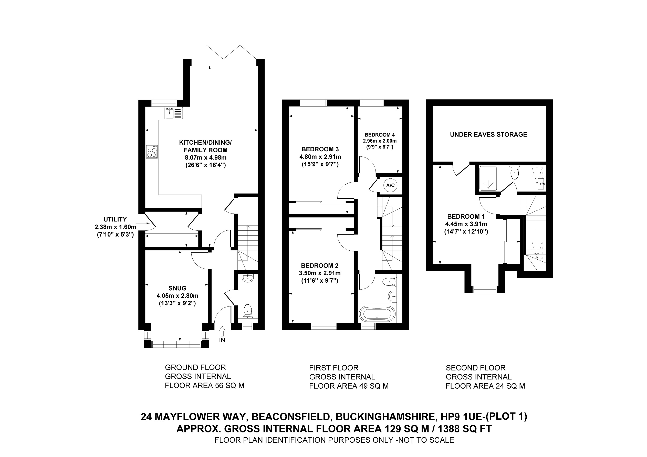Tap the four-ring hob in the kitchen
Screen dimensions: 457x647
pos(152,152)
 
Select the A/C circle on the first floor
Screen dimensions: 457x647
pos(390,185)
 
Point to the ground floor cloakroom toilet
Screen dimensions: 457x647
pos(247,310)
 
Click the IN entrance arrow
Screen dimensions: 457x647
pos(222,331)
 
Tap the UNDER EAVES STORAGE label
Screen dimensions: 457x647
pos(488,134)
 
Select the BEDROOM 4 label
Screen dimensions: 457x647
pos(378,135)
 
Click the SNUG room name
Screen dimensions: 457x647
pos(177,288)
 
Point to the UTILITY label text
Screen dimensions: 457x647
pos(115,219)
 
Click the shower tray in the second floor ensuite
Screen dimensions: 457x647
pos(488,178)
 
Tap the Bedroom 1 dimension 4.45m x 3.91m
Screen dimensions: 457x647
pos(466,224)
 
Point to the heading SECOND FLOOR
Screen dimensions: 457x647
pos(475,368)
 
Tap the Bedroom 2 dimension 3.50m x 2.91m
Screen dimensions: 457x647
pos(320,273)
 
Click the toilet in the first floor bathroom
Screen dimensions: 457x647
pos(390,281)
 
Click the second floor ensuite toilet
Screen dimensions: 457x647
pos(514,173)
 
